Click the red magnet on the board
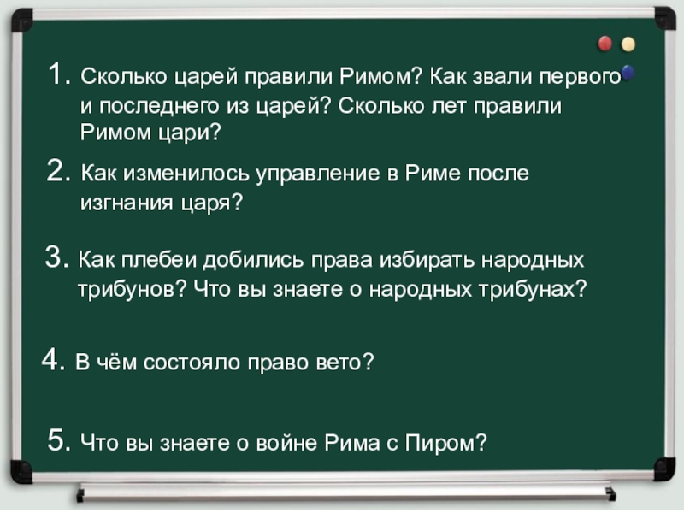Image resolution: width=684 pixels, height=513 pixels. point(605,42)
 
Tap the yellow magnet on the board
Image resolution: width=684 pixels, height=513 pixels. point(628,43)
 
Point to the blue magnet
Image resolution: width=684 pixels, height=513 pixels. point(628,72)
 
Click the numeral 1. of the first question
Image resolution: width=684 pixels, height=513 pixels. point(61,76)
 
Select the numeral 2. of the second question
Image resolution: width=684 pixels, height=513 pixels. point(61,173)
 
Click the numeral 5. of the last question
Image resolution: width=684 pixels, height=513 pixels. point(61,441)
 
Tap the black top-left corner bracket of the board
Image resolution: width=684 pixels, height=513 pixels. point(21,17)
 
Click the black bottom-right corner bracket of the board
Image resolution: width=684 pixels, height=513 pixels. point(663,468)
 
